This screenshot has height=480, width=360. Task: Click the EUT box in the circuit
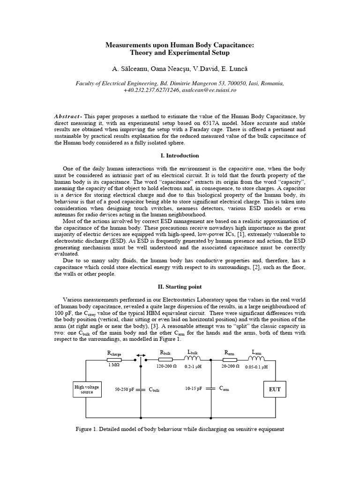274,389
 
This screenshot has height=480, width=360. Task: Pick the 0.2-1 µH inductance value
193,367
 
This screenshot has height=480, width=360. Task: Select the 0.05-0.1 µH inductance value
256,367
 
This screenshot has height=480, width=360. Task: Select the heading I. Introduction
180,156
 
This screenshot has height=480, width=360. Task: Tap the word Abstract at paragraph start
68,115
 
